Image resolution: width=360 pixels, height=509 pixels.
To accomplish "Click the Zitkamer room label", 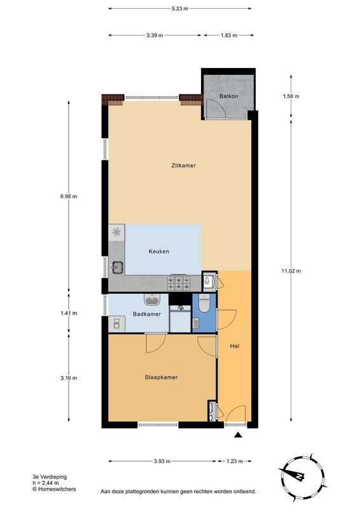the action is [183, 165].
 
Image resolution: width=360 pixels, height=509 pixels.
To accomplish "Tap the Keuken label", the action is [159, 251].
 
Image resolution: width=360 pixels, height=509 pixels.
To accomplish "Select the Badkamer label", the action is [147, 314].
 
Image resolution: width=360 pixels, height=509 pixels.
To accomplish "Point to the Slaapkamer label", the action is [161, 377].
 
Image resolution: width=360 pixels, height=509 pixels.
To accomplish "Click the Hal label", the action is [234, 346].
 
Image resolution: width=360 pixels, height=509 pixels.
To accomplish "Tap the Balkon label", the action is [228, 96].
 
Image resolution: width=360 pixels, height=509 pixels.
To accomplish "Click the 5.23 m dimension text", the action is [180, 9].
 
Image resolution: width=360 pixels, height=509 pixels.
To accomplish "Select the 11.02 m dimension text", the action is [291, 271].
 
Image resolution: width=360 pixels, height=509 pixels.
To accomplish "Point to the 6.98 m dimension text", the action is [69, 197].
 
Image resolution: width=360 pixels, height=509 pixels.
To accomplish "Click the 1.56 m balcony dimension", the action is [291, 96].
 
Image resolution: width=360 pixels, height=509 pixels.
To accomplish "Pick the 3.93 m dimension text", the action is [162, 461].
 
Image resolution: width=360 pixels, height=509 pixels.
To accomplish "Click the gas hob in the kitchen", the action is [179, 282].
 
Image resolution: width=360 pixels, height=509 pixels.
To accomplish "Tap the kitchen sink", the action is [117, 267].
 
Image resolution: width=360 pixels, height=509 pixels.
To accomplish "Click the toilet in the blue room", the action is [204, 304].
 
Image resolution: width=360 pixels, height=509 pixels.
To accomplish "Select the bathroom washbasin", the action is [152, 300].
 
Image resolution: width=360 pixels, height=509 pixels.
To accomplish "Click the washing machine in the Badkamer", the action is [116, 324].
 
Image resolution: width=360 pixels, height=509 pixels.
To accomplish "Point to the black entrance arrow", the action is [239, 435].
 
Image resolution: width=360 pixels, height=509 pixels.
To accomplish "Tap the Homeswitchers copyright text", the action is [54, 489].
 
